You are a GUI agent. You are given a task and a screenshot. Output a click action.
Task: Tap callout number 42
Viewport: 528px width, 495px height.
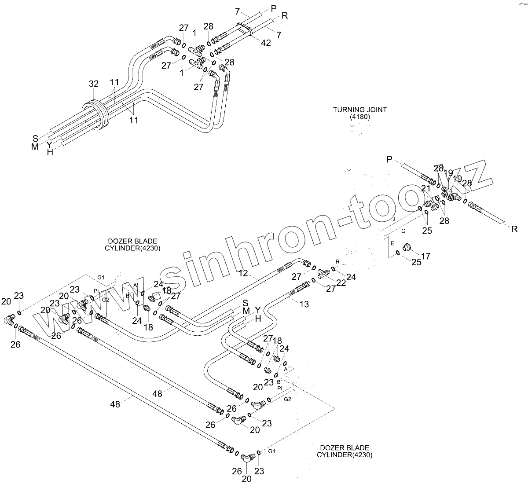tap(265, 43)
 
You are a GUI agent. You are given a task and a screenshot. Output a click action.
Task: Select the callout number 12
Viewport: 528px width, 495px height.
tap(243, 274)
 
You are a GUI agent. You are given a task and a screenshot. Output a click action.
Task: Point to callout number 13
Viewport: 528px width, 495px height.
tap(304, 304)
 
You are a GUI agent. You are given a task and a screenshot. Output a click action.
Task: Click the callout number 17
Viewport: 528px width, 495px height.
tap(426, 256)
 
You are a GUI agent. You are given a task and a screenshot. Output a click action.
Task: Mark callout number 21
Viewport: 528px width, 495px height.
tap(426, 188)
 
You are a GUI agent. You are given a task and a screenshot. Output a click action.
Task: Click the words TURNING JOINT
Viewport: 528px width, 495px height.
tap(359, 110)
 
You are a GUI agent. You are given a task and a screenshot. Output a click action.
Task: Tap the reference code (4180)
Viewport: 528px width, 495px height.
tap(360, 117)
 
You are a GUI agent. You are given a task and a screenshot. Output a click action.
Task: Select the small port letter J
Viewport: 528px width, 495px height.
tap(394, 219)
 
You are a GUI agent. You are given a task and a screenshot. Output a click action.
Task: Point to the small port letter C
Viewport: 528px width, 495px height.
tap(403, 230)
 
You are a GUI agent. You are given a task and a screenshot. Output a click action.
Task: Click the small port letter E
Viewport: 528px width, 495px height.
tap(392, 243)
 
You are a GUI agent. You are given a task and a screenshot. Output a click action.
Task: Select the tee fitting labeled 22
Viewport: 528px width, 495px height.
tap(325, 274)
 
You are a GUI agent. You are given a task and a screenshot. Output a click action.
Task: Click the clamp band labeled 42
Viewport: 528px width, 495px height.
tap(245, 29)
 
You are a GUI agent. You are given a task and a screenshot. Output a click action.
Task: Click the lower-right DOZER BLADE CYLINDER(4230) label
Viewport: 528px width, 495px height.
tap(345, 451)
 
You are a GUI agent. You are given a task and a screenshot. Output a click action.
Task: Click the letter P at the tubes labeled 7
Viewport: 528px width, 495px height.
tap(274, 8)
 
